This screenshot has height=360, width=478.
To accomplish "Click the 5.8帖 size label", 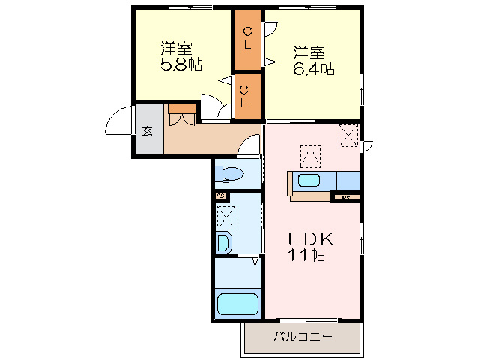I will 181,65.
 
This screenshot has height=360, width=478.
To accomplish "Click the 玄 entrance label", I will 148,131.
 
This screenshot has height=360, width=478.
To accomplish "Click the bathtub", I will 237,304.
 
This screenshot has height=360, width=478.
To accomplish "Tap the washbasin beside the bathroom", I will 224,243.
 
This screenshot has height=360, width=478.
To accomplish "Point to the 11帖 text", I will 307,255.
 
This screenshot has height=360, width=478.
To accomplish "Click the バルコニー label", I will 303,337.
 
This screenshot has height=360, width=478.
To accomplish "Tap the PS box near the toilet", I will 220,196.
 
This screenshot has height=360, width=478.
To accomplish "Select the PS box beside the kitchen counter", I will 345,197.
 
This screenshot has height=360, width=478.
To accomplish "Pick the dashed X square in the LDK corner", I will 348,136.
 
